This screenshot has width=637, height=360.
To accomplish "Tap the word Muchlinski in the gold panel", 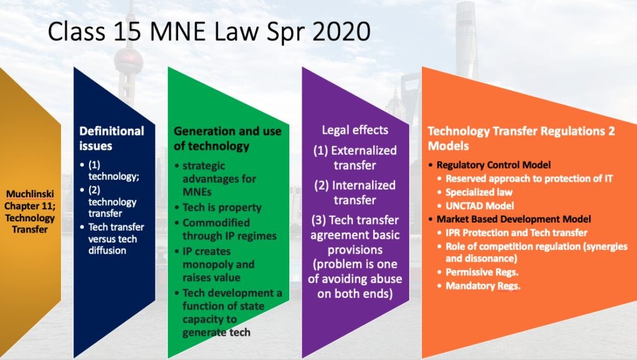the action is click(x=30, y=194).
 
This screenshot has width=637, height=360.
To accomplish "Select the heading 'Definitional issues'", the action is click(x=112, y=139).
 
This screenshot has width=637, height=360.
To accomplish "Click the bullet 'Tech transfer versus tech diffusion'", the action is click(x=116, y=239).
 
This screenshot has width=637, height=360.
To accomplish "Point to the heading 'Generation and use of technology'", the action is click(x=228, y=139).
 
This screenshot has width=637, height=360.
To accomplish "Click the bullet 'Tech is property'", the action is click(x=222, y=208).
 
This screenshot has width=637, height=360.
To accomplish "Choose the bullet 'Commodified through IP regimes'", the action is click(x=230, y=229).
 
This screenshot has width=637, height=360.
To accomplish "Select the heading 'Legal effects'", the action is click(x=355, y=130).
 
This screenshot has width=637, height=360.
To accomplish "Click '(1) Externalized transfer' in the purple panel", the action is click(x=355, y=158).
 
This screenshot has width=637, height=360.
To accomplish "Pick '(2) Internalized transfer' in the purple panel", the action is click(x=355, y=193).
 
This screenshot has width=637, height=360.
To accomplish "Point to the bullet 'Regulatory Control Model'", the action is click(x=493, y=165).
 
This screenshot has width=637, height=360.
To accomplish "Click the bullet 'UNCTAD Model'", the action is click(x=480, y=206).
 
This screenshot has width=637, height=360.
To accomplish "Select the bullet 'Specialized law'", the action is click(x=479, y=192).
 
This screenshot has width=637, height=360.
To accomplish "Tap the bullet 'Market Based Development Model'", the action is click(x=513, y=219).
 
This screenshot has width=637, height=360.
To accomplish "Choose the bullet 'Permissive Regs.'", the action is click(x=482, y=272).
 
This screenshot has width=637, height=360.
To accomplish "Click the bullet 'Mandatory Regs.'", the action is click(x=483, y=286).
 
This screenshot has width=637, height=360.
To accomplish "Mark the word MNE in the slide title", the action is click(x=178, y=32).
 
